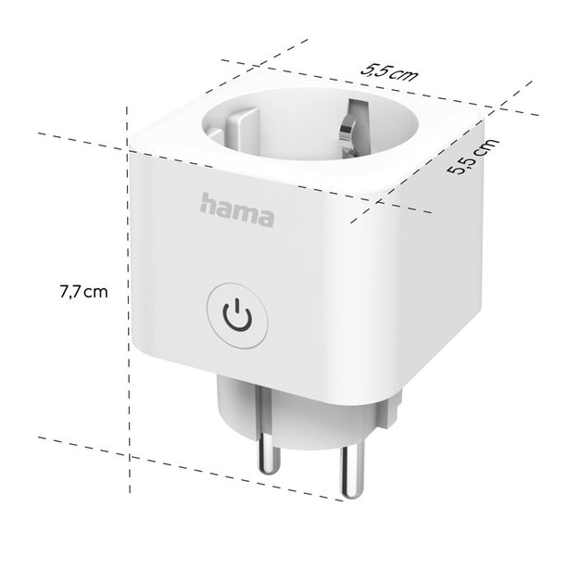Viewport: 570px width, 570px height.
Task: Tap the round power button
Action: (237, 317)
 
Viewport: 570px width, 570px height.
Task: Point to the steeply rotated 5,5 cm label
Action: (472, 157)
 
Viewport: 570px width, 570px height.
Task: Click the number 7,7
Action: (70, 292)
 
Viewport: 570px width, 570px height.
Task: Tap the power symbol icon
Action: (237, 317)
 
